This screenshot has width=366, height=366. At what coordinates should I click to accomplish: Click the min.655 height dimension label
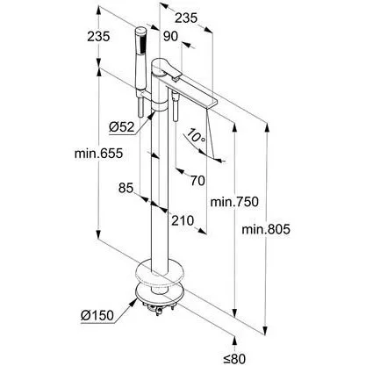click(98, 154)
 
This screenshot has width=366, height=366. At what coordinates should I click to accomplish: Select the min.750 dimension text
click(234, 202)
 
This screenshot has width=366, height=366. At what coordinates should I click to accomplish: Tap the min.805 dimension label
click(266, 229)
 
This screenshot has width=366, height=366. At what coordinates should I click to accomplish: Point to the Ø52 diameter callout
click(122, 127)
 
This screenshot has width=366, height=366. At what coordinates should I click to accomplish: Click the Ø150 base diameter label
click(97, 315)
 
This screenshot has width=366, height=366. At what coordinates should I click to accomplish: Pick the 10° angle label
click(196, 137)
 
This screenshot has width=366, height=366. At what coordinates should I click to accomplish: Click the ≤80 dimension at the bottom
click(234, 358)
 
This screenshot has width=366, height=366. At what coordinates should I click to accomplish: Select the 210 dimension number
click(183, 220)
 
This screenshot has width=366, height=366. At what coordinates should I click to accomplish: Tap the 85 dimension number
click(126, 188)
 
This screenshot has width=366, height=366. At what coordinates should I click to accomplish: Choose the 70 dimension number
click(198, 181)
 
